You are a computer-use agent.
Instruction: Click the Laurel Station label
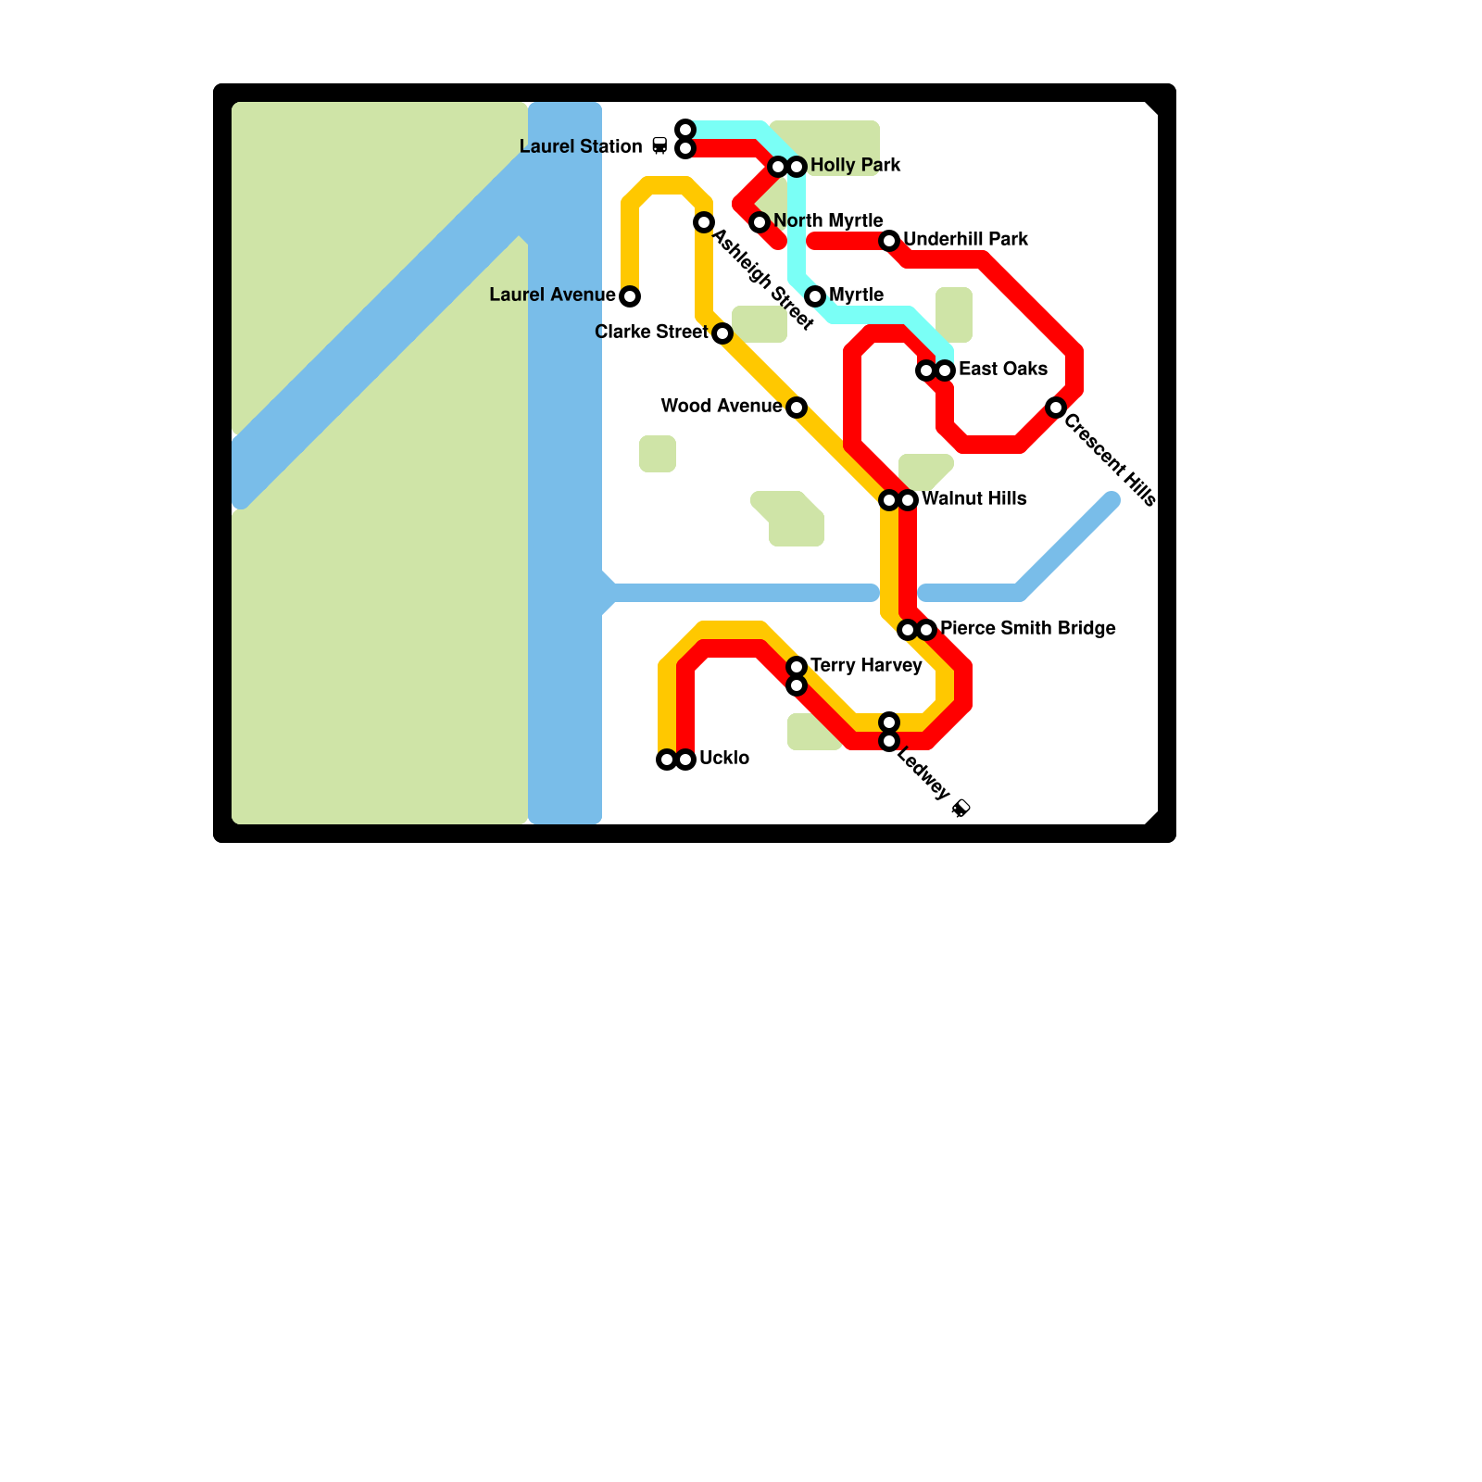580,147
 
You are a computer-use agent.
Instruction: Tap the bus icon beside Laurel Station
659,145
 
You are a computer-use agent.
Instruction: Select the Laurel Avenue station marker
630,296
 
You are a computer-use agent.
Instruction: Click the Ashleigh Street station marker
704,222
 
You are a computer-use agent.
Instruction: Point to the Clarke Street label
651,333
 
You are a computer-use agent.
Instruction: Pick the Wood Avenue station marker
797,408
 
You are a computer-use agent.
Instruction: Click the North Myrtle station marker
760,222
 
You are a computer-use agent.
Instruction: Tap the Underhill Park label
965,240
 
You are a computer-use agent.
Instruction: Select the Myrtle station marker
815,296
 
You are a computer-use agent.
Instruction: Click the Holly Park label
855,166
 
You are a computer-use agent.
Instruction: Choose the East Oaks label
1002,370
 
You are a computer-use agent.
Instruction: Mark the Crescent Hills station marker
1056,408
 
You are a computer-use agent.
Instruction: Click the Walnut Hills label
973,499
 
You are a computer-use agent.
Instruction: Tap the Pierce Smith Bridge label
1027,629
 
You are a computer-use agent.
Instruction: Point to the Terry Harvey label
865,666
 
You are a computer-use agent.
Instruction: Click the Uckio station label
723,759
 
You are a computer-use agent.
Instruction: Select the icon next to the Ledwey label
961,809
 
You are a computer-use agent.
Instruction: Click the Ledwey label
923,775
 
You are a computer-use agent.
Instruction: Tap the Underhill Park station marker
889,241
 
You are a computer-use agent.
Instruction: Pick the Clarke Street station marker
722,333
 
